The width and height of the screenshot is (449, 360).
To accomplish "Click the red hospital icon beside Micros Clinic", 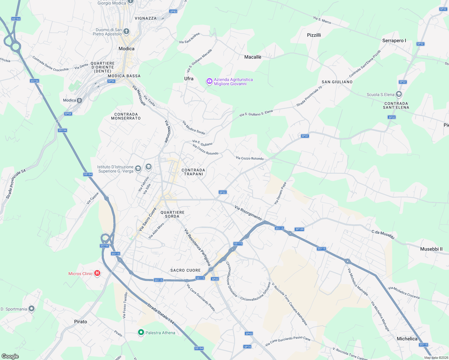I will click(x=97, y=273).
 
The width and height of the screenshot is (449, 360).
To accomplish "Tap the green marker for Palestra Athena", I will click(x=141, y=332).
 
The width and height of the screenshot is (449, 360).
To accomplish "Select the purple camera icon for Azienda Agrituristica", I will click(x=209, y=81).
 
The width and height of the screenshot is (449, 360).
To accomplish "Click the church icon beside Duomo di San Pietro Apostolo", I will click(x=126, y=31).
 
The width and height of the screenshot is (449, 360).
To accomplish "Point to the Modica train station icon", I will click(x=80, y=100).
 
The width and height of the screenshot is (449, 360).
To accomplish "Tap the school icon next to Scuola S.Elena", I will click(x=399, y=94).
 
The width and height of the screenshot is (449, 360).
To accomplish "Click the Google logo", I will click(x=10, y=356).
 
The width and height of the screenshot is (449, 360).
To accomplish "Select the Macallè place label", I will click(x=253, y=57).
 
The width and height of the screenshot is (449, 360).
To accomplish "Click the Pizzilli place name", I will click(x=314, y=35).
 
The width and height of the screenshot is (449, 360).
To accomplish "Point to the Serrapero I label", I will click(x=394, y=40).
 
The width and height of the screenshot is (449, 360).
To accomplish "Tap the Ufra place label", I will click(x=189, y=79).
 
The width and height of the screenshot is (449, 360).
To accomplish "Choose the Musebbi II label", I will click(x=431, y=249).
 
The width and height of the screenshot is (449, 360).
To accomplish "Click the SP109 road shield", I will click(x=300, y=229).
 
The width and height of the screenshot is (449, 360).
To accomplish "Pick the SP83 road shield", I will click(x=173, y=11).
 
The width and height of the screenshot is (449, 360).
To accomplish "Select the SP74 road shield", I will click(x=247, y=347).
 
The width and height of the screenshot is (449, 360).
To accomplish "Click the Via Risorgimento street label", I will click(x=248, y=213).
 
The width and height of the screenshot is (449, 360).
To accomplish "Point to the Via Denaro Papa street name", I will click(x=280, y=193).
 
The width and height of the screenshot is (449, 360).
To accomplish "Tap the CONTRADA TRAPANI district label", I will click(x=193, y=172).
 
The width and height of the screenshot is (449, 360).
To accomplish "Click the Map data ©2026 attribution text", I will click(x=435, y=358).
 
